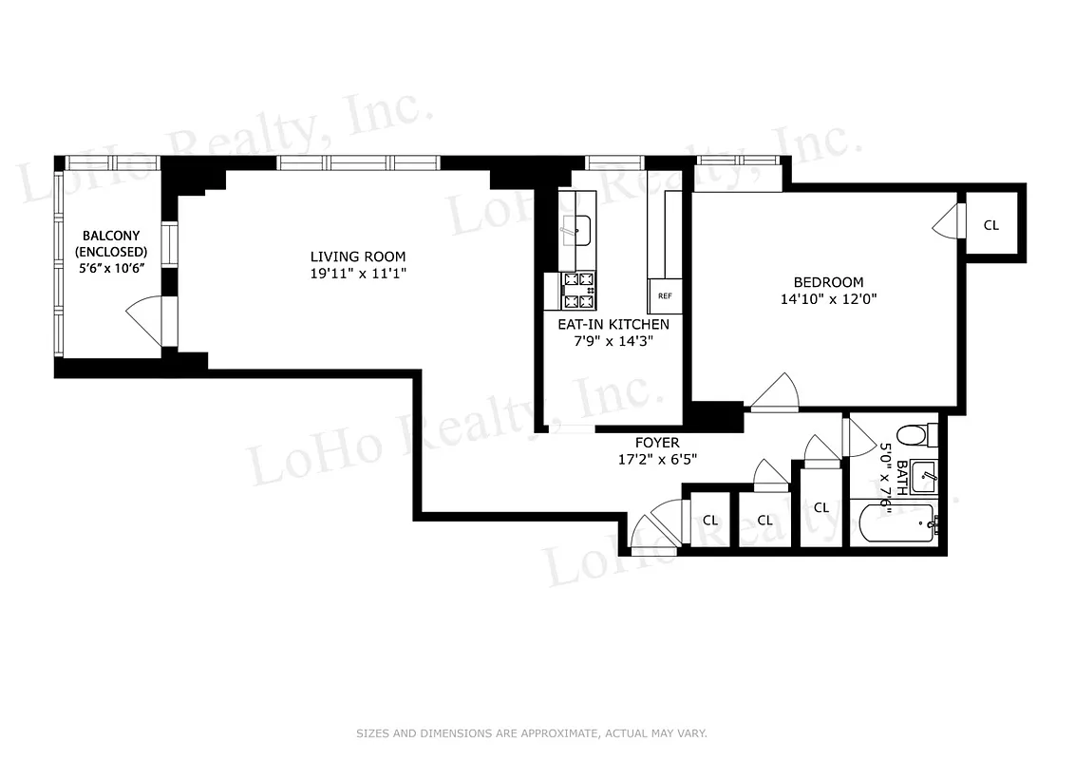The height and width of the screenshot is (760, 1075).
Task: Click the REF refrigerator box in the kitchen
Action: [665, 295]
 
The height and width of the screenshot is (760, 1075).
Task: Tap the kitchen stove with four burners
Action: [579, 290]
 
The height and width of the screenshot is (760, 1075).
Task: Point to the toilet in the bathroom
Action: [913, 436]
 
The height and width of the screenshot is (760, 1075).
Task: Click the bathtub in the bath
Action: [897, 522]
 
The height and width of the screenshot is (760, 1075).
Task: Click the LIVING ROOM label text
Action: [358, 256]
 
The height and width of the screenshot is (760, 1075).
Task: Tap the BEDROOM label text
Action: [828, 282]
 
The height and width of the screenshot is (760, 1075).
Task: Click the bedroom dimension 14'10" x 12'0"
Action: [828, 298]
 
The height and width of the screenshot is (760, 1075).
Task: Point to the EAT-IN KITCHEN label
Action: [613, 324]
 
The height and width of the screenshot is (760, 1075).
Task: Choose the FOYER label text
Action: [657, 443]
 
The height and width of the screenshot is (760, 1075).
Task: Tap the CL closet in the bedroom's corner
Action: [991, 226]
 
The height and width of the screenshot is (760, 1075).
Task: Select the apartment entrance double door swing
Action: [655, 530]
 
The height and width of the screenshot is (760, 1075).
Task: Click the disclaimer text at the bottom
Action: [532, 733]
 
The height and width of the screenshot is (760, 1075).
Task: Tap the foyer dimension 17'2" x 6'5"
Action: [657, 460]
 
